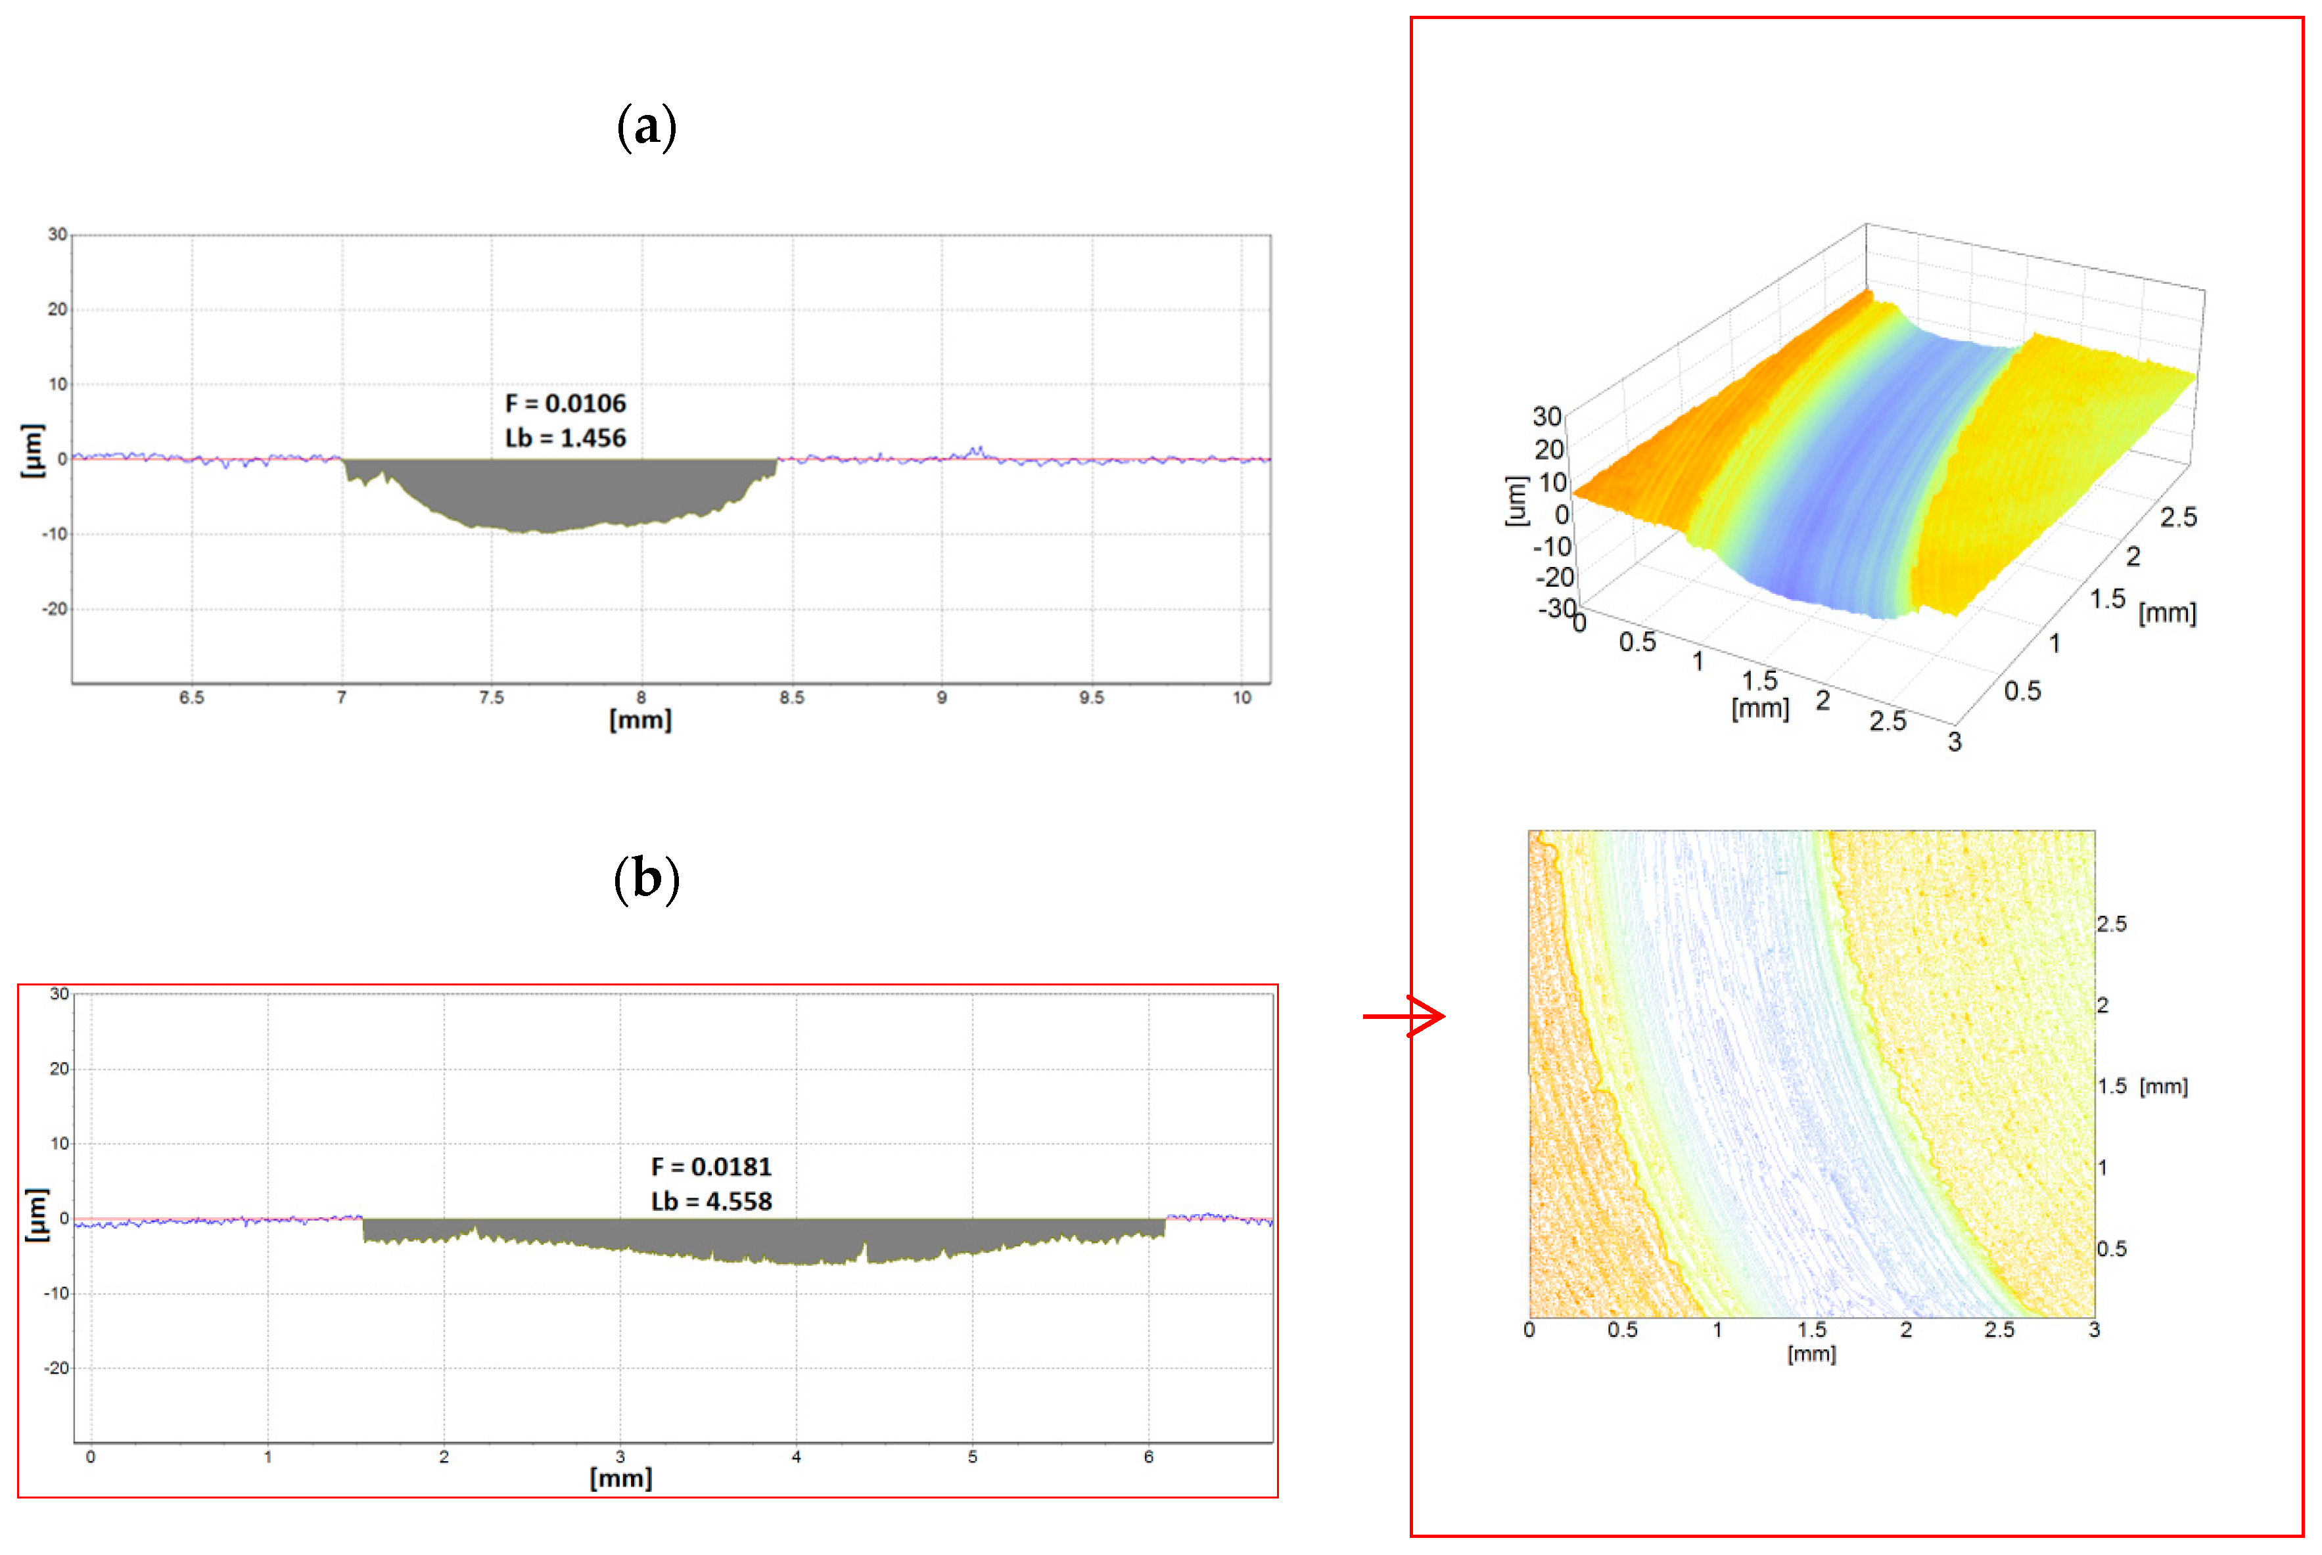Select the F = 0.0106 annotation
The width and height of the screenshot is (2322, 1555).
565,403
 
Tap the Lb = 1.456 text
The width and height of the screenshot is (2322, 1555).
565,438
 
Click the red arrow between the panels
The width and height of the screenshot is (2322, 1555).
1403,1016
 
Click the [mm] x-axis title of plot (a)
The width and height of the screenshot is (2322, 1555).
639,721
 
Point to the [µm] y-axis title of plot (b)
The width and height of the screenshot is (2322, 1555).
35,1214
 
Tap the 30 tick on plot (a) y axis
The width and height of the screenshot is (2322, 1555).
58,235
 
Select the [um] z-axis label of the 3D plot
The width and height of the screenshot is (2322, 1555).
1515,501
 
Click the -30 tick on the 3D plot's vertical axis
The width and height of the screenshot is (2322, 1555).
1555,608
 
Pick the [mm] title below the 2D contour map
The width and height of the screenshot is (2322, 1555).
1811,1355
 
